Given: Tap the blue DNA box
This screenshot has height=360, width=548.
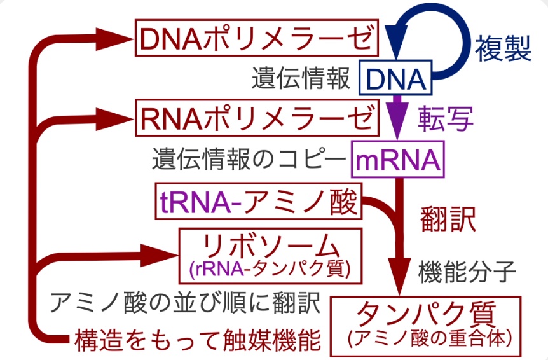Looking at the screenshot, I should point(395,79).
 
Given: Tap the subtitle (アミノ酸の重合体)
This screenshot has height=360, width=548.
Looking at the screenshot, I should point(427,338).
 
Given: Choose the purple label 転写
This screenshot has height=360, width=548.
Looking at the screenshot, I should point(446,118).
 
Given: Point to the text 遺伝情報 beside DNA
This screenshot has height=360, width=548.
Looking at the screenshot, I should point(301,80).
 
